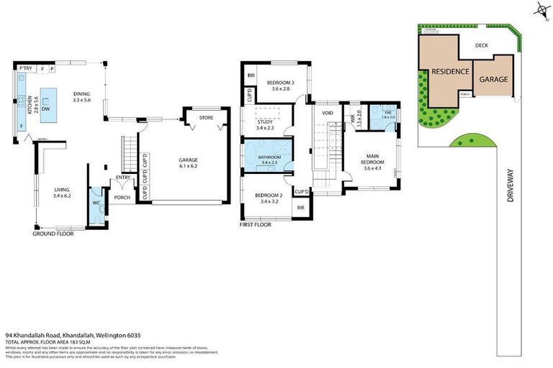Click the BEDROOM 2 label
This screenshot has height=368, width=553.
click(267, 195)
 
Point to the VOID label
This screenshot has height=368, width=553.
click(328, 114)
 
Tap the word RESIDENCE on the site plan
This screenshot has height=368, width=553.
click(450, 72)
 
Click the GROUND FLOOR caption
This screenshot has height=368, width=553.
click(53, 234)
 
